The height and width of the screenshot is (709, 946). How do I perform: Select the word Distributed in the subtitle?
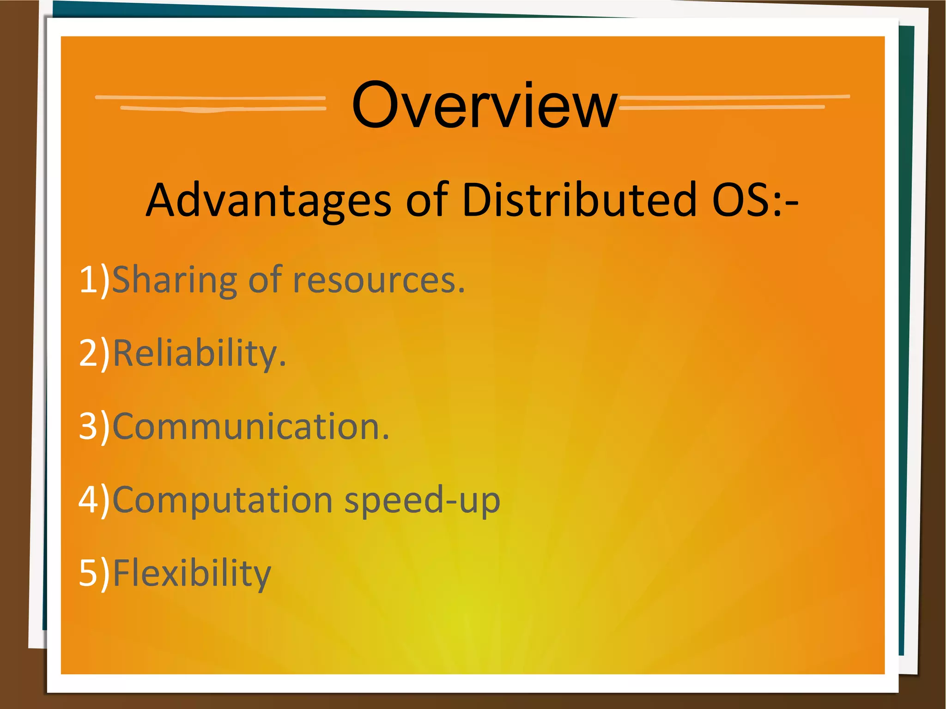coord(579,200)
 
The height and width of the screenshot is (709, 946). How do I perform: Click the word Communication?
coord(251,426)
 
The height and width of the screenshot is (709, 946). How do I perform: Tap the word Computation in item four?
coord(223,500)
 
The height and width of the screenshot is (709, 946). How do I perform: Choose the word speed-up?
coord(422,500)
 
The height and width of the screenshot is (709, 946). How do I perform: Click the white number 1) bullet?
coord(94,280)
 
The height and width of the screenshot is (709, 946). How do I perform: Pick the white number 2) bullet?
coord(94,353)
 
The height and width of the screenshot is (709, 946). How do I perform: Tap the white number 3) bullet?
coord(94,426)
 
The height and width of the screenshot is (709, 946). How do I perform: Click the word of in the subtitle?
coord(427,200)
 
